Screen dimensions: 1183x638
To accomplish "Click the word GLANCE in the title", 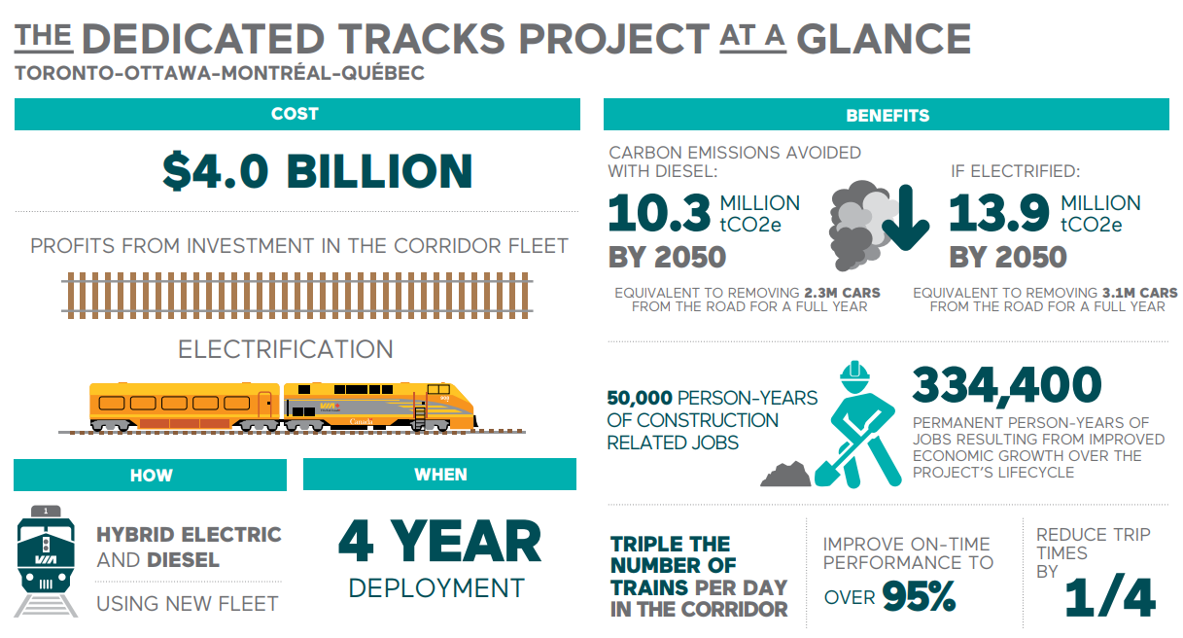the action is [883, 39].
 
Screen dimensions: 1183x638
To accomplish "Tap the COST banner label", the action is [295, 114].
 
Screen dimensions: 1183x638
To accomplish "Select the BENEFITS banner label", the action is [887, 115].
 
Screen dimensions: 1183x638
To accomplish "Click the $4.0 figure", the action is [216, 171].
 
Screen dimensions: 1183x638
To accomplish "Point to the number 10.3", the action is [659, 212].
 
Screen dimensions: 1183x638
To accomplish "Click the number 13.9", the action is [999, 212].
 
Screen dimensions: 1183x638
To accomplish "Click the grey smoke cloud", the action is [861, 225].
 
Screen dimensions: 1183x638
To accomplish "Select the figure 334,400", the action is [1007, 385].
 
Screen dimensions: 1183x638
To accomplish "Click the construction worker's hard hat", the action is [854, 372].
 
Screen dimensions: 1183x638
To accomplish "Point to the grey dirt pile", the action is [785, 475].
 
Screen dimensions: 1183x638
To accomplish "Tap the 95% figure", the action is [919, 596].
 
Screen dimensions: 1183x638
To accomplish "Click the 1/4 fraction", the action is [1109, 597].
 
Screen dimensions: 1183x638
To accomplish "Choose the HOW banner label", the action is [151, 476].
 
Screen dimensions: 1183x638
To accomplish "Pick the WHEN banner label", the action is [440, 475].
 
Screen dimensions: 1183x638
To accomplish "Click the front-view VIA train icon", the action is [46, 561].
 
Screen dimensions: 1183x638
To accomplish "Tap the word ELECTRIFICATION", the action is [285, 349].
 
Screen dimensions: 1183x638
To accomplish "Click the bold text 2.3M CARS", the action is [843, 293].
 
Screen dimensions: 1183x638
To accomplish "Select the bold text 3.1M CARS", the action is [1139, 293].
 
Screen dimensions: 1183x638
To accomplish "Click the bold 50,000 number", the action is [640, 398].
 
